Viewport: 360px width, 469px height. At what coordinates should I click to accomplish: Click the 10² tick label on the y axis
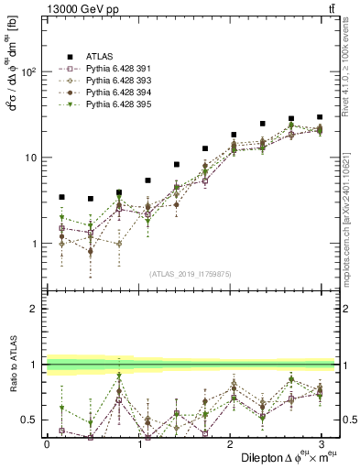pyautogui.click(x=29, y=71)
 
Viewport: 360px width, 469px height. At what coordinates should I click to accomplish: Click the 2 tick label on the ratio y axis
pyautogui.click(x=35, y=309)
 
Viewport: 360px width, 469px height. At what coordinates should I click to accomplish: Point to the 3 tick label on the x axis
pyautogui.click(x=321, y=444)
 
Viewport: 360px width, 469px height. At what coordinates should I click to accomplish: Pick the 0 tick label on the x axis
pyautogui.click(x=47, y=444)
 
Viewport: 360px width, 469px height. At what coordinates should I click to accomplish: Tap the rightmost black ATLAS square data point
pyautogui.click(x=320, y=117)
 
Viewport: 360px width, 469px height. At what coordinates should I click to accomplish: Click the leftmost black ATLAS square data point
pyautogui.click(x=61, y=197)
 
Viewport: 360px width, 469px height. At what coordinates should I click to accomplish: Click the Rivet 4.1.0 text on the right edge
pyautogui.click(x=353, y=64)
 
